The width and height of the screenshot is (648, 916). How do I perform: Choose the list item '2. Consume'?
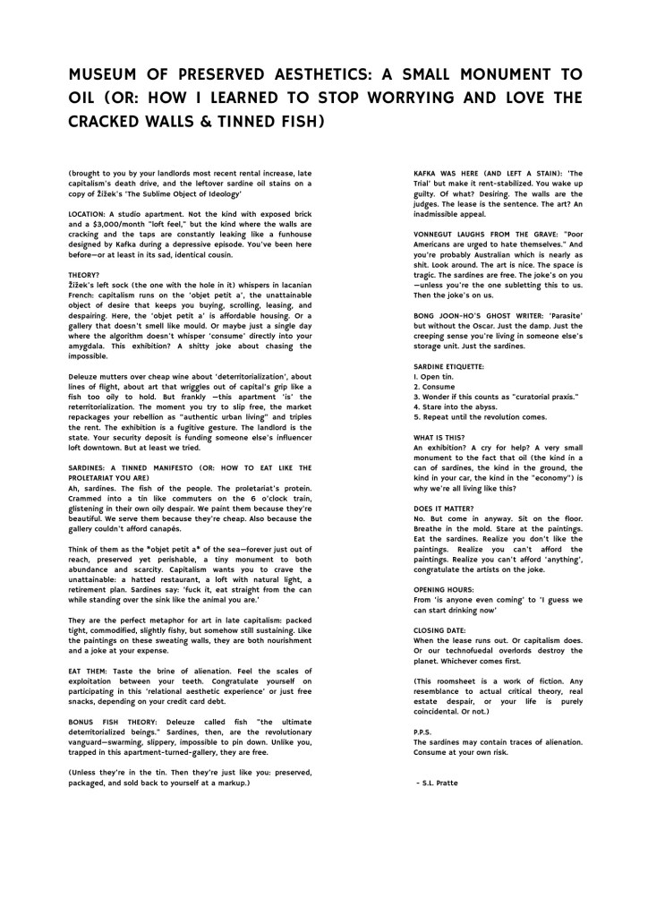[x=435, y=387]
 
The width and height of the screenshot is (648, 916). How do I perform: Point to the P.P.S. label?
[x=423, y=731]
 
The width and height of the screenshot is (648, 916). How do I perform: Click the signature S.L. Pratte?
[x=440, y=782]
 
